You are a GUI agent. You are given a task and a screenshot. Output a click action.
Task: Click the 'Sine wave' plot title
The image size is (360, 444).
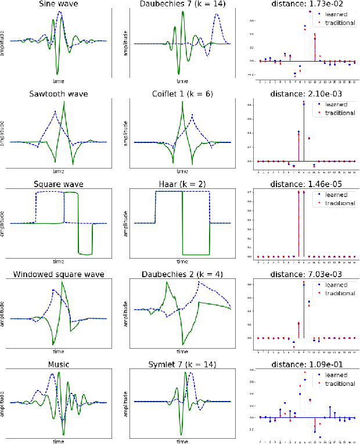pyautogui.click(x=58, y=5)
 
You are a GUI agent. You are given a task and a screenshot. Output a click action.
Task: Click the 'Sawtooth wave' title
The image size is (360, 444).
pyautogui.click(x=58, y=94)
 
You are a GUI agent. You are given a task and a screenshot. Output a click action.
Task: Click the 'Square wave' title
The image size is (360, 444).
pyautogui.click(x=58, y=184)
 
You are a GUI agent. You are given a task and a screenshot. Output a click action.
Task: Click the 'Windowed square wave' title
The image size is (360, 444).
pyautogui.click(x=58, y=274)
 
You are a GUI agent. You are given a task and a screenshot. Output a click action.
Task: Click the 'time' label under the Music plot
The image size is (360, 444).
pyautogui.click(x=58, y=441)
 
